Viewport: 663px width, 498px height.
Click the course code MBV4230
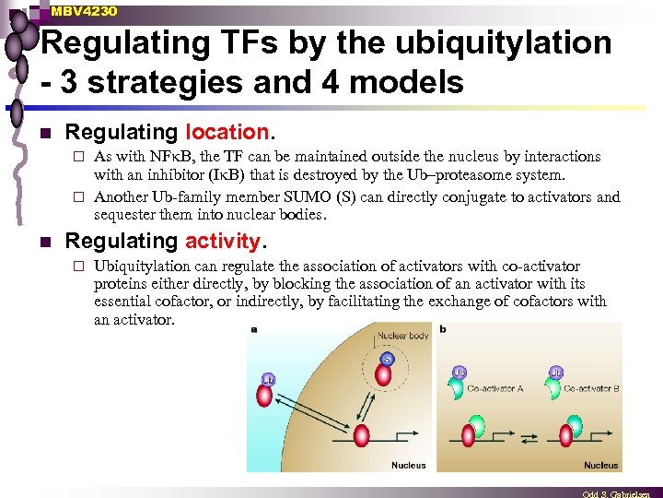pyautogui.click(x=84, y=11)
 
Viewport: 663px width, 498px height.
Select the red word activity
pyautogui.click(x=223, y=242)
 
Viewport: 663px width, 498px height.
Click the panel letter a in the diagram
pyautogui.click(x=253, y=327)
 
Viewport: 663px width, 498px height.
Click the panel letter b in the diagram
pyautogui.click(x=444, y=327)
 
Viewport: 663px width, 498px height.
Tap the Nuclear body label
pyautogui.click(x=403, y=336)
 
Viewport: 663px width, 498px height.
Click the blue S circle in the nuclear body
pyautogui.click(x=388, y=358)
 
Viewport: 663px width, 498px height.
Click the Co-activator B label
pyautogui.click(x=591, y=388)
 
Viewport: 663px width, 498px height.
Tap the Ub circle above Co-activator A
pyautogui.click(x=458, y=373)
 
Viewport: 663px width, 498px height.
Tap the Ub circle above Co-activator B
pyautogui.click(x=555, y=373)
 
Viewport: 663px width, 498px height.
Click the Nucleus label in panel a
pyautogui.click(x=408, y=465)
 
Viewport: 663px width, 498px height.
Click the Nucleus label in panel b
pyautogui.click(x=600, y=465)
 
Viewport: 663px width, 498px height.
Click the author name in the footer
pyautogui.click(x=622, y=493)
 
